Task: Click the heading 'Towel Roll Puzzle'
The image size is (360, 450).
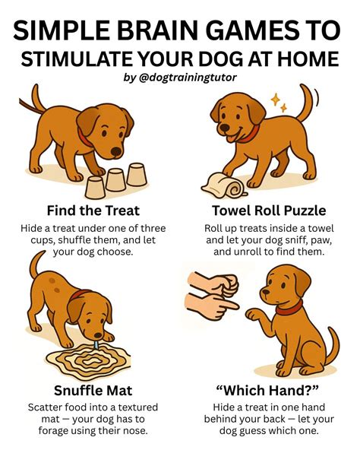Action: pos(269,210)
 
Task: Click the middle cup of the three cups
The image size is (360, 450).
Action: pos(115,179)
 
